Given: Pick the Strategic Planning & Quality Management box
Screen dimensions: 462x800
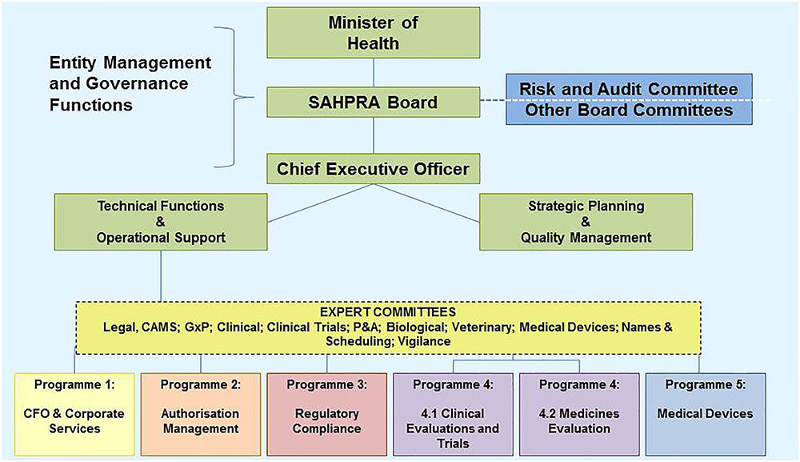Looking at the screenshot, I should click(586, 222).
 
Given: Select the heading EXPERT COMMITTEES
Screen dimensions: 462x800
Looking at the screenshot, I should click(388, 311).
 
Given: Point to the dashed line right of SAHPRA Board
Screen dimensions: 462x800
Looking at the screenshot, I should click(493, 100).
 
